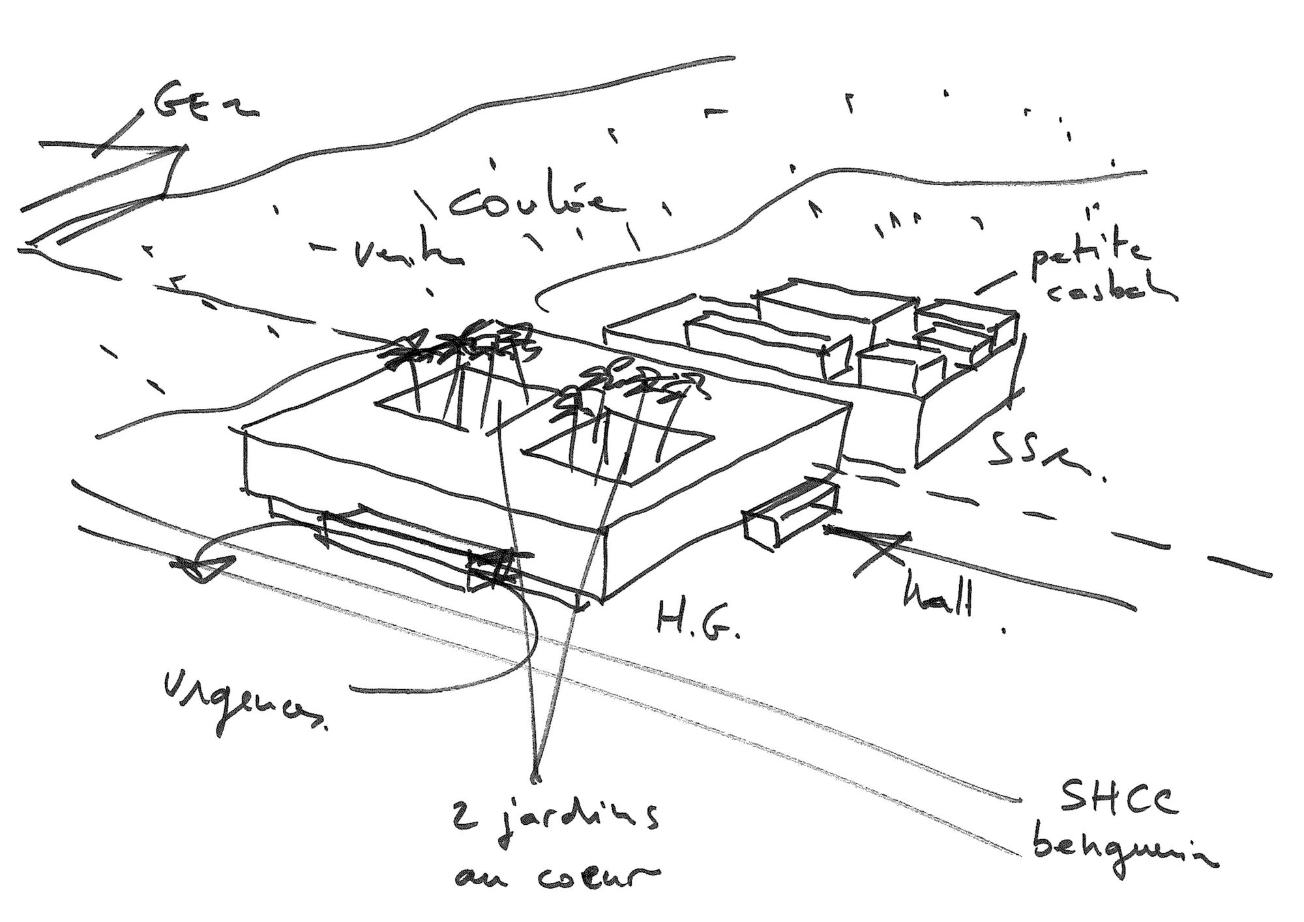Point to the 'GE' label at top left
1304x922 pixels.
coord(202,104)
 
